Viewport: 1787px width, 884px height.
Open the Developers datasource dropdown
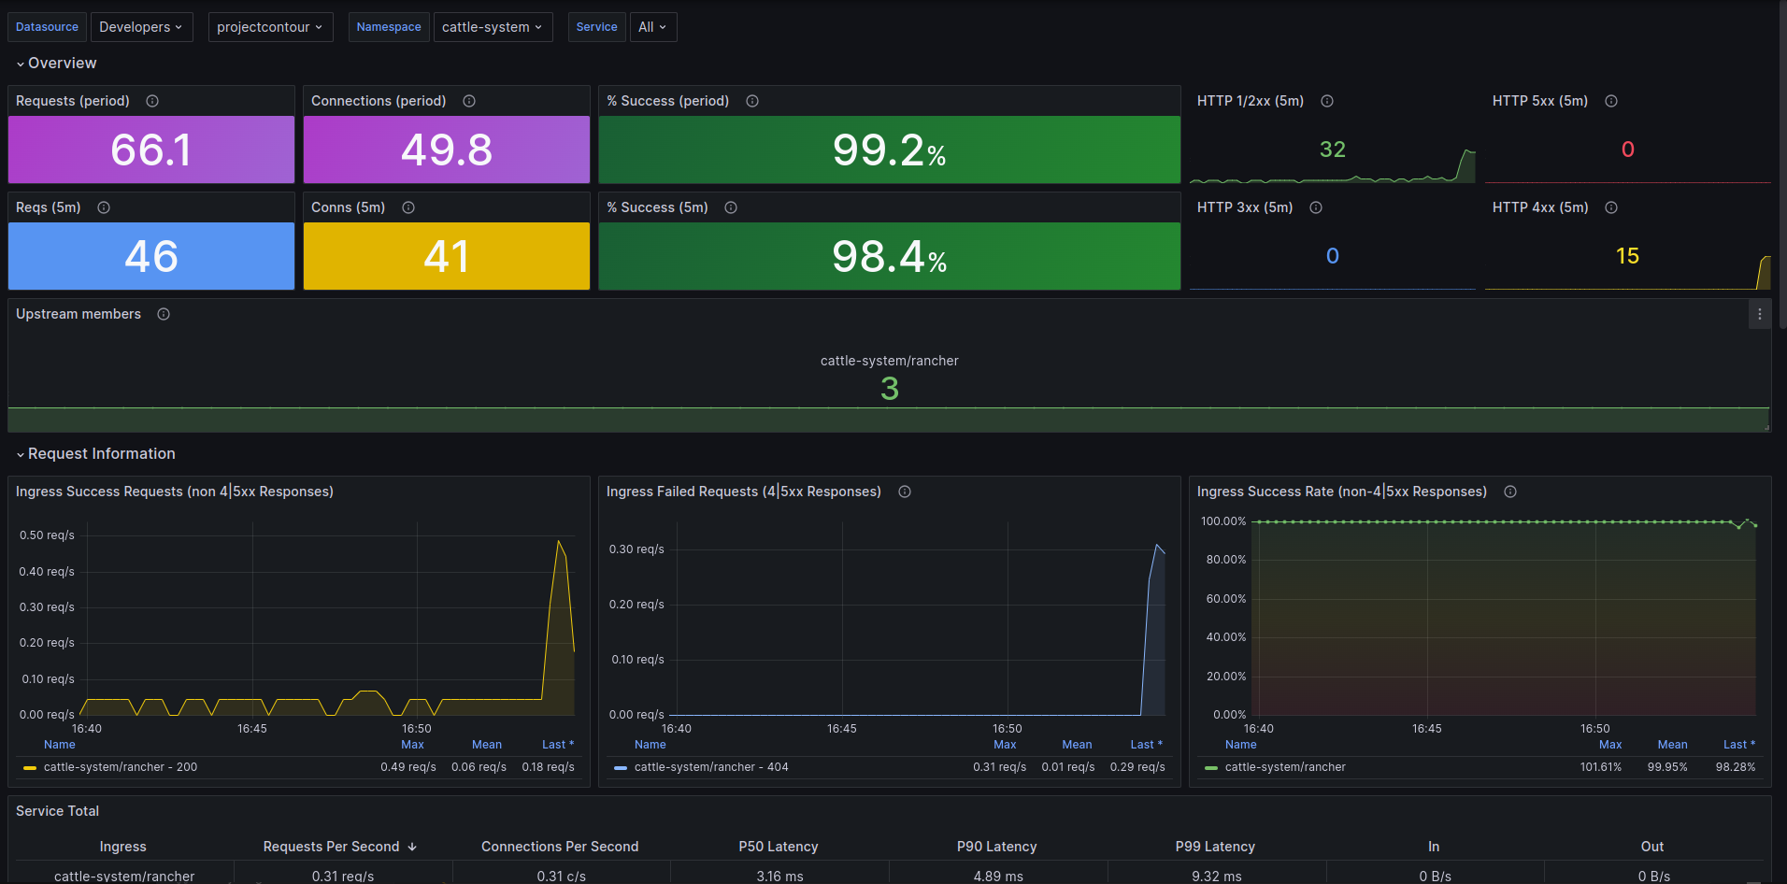[x=141, y=27]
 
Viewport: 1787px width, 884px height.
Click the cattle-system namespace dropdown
[x=493, y=27]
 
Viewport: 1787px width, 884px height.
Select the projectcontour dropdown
[x=270, y=27]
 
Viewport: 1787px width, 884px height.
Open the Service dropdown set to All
[x=652, y=27]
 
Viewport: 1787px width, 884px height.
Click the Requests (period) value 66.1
[x=151, y=150]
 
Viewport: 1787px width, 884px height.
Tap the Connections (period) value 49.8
[x=447, y=150]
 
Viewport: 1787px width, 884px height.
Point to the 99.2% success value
[x=889, y=150]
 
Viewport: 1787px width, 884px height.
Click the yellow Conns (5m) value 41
[x=447, y=256]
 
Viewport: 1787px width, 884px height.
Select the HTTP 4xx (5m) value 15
[x=1627, y=256]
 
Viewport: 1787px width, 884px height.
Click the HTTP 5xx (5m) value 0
[x=1627, y=150]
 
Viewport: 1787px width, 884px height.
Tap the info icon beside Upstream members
[x=164, y=314]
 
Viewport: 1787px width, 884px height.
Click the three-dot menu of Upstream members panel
[x=1759, y=314]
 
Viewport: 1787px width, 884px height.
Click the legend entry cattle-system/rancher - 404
[x=711, y=767]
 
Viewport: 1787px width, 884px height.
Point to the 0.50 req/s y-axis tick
[x=47, y=535]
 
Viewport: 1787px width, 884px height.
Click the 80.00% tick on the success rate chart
[x=1226, y=560]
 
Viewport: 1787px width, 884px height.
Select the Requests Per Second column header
[x=331, y=847]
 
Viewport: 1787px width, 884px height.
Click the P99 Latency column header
[x=1215, y=847]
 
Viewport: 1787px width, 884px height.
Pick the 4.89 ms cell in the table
[x=998, y=877]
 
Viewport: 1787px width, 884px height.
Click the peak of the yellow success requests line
[x=559, y=540]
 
